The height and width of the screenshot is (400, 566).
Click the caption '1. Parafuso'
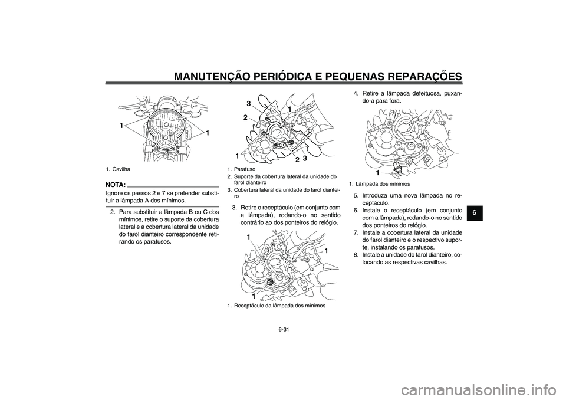click(x=242, y=169)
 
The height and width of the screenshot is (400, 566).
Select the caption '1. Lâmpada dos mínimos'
click(x=379, y=184)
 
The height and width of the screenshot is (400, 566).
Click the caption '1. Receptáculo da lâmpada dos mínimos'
click(x=276, y=306)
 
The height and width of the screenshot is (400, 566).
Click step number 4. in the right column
click(x=357, y=93)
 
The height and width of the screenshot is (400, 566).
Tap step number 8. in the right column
click(x=357, y=255)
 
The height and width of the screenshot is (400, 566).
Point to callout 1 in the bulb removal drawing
click(x=377, y=172)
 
